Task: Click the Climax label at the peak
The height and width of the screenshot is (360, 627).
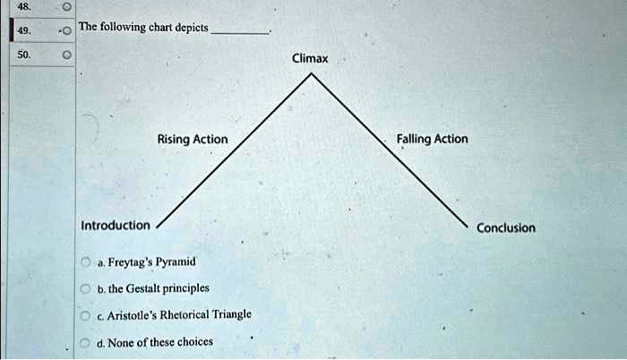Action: pyautogui.click(x=310, y=59)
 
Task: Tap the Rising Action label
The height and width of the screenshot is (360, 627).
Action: pyautogui.click(x=192, y=140)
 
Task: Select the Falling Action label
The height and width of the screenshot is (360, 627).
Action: pyautogui.click(x=432, y=139)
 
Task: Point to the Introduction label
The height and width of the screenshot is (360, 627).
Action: pyautogui.click(x=116, y=225)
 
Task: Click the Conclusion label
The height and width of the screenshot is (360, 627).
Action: pyautogui.click(x=506, y=227)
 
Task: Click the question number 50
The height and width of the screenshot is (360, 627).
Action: pyautogui.click(x=24, y=56)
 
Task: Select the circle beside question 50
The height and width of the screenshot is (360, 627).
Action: pyautogui.click(x=65, y=56)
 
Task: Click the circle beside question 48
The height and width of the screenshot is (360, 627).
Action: pyautogui.click(x=65, y=5)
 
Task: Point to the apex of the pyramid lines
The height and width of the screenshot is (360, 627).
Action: pyautogui.click(x=311, y=74)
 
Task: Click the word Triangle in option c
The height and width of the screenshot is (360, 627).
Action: pyautogui.click(x=229, y=314)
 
